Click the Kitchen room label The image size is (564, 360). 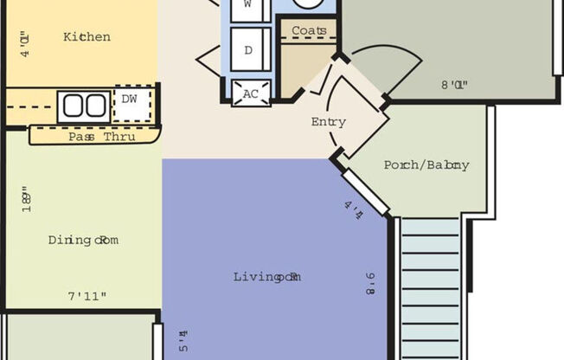click(x=87, y=37)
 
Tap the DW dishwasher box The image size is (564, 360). click(x=130, y=100)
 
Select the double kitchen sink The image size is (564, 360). click(x=84, y=106)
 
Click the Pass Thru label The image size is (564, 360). click(x=101, y=137)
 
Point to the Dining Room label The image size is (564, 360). click(x=82, y=240)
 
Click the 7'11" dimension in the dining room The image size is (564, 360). click(x=87, y=297)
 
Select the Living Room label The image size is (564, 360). click(x=266, y=277)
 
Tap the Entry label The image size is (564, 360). click(x=328, y=122)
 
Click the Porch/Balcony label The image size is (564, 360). click(x=426, y=165)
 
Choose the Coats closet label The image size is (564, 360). click(x=309, y=31)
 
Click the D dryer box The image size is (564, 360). click(x=249, y=51)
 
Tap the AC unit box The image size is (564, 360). click(x=251, y=93)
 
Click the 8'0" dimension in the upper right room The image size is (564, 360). click(x=455, y=86)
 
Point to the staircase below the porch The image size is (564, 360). click(x=430, y=286)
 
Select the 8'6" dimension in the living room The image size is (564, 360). click(x=369, y=284)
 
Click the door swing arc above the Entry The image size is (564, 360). click(x=385, y=65)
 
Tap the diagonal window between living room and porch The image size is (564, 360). click(x=364, y=191)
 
